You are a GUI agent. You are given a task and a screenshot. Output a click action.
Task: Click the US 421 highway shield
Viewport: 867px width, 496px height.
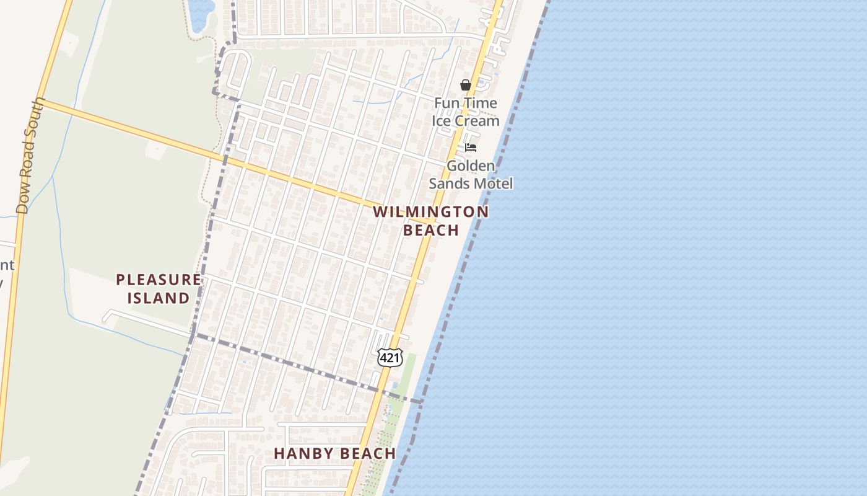390,357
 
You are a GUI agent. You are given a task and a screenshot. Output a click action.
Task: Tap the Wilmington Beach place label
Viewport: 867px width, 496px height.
431,221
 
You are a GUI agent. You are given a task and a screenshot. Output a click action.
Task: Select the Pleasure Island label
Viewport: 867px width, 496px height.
159,289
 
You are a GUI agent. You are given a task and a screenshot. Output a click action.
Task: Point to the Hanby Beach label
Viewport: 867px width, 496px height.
334,453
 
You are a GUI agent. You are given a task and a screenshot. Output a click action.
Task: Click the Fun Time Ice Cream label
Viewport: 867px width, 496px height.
466,112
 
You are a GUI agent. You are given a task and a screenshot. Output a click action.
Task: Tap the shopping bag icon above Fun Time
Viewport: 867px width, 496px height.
466,85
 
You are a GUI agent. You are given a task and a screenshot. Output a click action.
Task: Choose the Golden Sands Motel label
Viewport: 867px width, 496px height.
471,175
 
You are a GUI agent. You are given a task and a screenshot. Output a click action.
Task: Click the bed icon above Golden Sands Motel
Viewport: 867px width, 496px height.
471,148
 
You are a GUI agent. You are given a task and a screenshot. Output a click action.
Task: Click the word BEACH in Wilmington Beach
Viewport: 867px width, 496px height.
431,230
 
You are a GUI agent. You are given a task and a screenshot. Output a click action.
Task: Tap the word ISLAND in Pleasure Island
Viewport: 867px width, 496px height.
159,298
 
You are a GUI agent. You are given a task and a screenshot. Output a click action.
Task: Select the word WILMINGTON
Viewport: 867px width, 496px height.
431,212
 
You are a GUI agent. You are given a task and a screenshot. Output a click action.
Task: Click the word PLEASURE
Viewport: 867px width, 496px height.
159,280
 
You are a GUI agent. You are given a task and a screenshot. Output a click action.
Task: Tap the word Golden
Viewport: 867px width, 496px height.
471,166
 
